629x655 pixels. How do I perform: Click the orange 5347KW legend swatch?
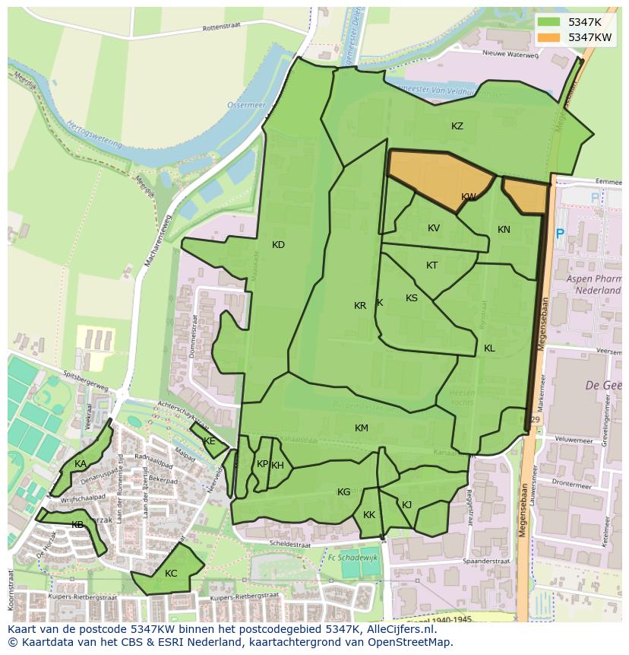tap(550, 37)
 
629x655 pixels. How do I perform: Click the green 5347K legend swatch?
tap(550, 22)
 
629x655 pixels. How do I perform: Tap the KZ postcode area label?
tap(457, 126)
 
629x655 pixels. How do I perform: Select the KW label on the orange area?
tap(469, 197)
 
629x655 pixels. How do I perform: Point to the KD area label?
tap(278, 245)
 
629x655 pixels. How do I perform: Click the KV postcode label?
tap(433, 228)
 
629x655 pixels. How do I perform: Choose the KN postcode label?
tap(504, 230)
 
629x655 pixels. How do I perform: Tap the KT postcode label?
tap(431, 265)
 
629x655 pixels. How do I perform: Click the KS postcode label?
tap(411, 298)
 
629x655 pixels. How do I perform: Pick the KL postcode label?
tap(489, 348)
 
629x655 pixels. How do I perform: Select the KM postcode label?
tap(361, 428)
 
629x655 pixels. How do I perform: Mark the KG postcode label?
tap(343, 492)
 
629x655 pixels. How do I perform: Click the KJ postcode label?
tap(406, 504)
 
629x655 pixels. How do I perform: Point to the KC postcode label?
tap(171, 574)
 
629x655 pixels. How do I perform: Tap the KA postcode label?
tap(80, 464)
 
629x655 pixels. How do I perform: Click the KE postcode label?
tap(209, 441)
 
